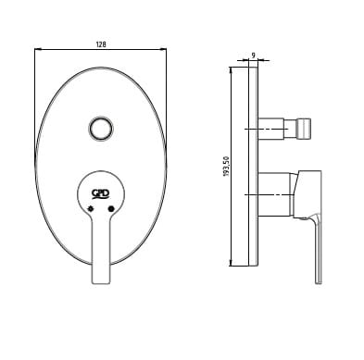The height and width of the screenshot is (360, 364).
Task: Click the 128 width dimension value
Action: tap(101, 44)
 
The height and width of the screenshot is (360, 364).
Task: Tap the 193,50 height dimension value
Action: tap(226, 167)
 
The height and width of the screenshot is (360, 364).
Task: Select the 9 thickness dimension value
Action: tap(253, 56)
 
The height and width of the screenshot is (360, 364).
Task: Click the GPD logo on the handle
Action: tap(101, 193)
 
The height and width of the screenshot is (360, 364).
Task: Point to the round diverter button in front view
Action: tap(101, 129)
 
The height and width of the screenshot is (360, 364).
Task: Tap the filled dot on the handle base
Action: tap(111, 209)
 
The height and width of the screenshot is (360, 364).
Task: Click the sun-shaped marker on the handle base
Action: tap(91, 208)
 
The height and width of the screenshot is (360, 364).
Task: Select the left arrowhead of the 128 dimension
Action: tap(38, 49)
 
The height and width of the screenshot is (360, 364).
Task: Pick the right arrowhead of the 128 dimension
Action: tap(163, 49)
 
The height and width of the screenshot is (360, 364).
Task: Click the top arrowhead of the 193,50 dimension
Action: tap(231, 70)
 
